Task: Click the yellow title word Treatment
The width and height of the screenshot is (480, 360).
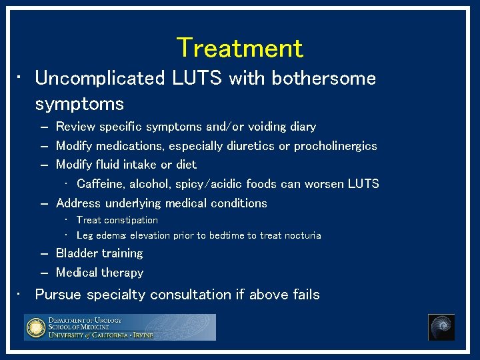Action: point(239,48)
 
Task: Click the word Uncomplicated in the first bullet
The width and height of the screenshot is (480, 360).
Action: point(100,79)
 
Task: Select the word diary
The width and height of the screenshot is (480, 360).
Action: point(303,127)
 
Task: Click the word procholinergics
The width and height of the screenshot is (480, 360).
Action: point(335,146)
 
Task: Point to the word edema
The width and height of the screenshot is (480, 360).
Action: point(111,235)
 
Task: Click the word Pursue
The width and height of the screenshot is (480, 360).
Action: point(59,295)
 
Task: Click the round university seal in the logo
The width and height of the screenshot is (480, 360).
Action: point(35,327)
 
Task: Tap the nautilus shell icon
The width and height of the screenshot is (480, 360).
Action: point(441,327)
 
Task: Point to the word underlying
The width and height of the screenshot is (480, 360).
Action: point(137,203)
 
